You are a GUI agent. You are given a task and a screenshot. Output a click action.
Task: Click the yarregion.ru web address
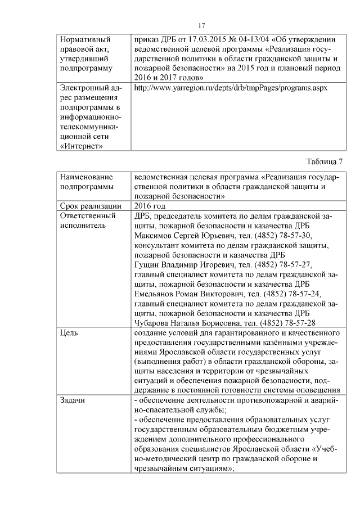tap(231, 89)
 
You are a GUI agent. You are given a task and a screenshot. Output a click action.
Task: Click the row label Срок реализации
tap(90, 206)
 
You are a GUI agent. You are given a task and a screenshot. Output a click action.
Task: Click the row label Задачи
tap(72, 399)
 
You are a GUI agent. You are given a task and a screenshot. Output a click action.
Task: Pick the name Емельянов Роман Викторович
tap(181, 294)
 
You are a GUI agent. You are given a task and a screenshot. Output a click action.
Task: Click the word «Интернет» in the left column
tap(80, 146)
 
